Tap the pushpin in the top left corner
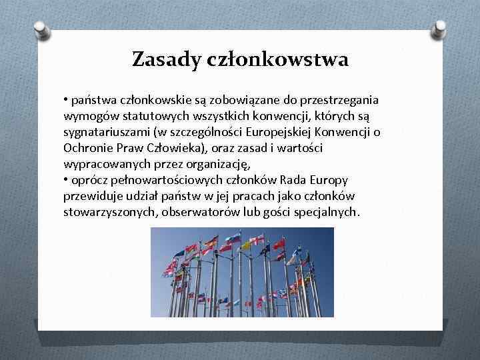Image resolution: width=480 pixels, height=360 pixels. (40, 29)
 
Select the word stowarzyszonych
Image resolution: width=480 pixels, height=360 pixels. (105, 213)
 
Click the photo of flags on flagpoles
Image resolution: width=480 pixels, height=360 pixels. (242, 272)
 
